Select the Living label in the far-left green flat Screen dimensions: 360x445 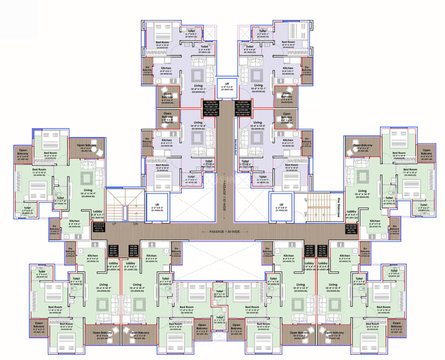pos(85,192)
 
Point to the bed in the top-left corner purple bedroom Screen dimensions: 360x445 pos(161,31)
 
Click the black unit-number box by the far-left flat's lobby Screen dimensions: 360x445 pos(99,227)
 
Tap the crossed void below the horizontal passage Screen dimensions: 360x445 pos(222,257)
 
